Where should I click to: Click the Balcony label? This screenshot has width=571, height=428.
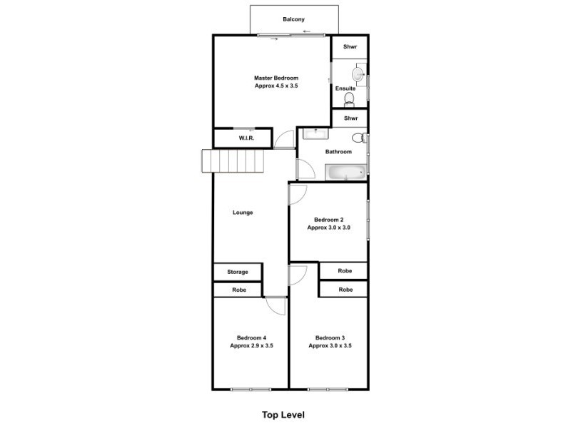(293, 19)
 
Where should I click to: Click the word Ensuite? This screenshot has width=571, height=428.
(345, 88)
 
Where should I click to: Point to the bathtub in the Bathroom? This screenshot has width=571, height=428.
(346, 172)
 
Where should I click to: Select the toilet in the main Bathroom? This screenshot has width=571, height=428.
(359, 138)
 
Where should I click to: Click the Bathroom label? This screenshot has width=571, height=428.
(338, 151)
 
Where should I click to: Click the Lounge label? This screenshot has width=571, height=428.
(243, 212)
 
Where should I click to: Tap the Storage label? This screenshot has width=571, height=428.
(238, 272)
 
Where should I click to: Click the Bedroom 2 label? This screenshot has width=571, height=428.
(328, 223)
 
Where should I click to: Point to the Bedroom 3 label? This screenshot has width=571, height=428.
(330, 341)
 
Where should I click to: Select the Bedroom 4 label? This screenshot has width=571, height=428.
(251, 341)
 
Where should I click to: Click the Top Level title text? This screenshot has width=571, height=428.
(283, 414)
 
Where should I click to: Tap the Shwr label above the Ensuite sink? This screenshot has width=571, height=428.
(350, 47)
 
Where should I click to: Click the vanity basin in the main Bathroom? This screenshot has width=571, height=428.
(314, 133)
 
